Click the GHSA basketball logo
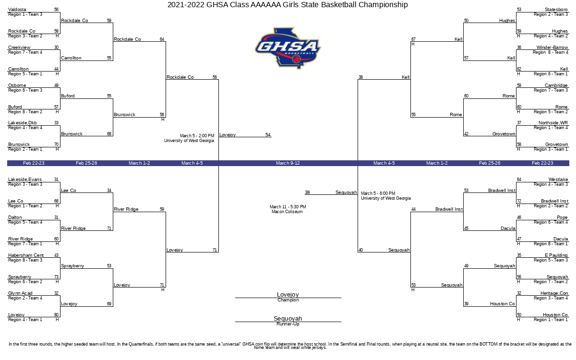pyautogui.click(x=288, y=48)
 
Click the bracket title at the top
pyautogui.click(x=288, y=5)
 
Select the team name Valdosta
pyautogui.click(x=17, y=10)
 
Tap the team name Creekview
pyautogui.click(x=19, y=48)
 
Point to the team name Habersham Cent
pyautogui.click(x=26, y=255)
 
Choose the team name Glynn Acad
pyautogui.click(x=20, y=293)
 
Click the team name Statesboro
pyautogui.click(x=556, y=10)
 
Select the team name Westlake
pyautogui.click(x=558, y=180)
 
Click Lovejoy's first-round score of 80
pyautogui.click(x=57, y=315)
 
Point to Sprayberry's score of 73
pyautogui.click(x=57, y=277)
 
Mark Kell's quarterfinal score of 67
pyautogui.click(x=413, y=39)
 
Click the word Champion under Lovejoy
pyautogui.click(x=288, y=300)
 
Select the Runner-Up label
pyautogui.click(x=288, y=324)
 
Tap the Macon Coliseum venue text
pyautogui.click(x=287, y=212)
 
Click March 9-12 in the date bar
pyautogui.click(x=288, y=163)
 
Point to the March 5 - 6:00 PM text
pyautogui.click(x=378, y=193)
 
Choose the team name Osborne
pyautogui.click(x=17, y=85)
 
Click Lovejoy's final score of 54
pyautogui.click(x=268, y=135)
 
